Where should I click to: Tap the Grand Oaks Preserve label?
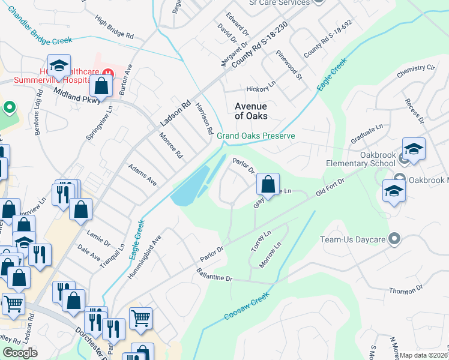[x=256, y=136]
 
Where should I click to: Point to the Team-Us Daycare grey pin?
[x=394, y=239]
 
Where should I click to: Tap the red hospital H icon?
[x=107, y=73]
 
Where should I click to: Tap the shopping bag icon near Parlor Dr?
[x=268, y=183]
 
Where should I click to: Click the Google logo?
[x=20, y=353]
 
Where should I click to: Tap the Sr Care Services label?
[x=279, y=2]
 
